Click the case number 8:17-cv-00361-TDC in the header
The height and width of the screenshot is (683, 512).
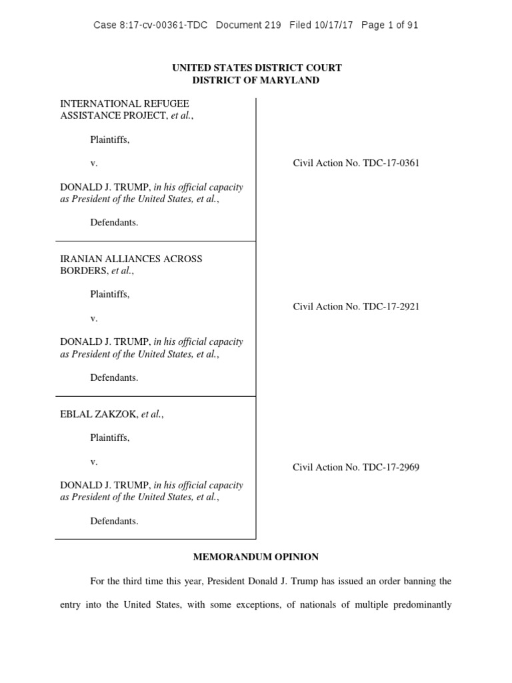[150, 25]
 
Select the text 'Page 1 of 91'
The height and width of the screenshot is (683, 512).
[389, 25]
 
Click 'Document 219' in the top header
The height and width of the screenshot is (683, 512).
[249, 25]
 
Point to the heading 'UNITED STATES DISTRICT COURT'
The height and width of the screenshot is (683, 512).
[256, 67]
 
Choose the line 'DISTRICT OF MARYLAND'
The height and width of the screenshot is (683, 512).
[256, 80]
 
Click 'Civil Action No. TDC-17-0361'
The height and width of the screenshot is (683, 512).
[356, 163]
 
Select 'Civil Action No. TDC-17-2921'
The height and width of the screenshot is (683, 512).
[356, 307]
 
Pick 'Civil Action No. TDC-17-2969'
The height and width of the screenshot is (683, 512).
[356, 467]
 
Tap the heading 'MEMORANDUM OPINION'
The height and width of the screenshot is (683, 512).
[256, 556]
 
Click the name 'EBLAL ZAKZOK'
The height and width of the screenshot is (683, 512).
[99, 414]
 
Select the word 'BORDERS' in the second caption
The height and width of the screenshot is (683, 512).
[84, 271]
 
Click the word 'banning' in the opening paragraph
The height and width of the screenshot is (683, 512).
[419, 581]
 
